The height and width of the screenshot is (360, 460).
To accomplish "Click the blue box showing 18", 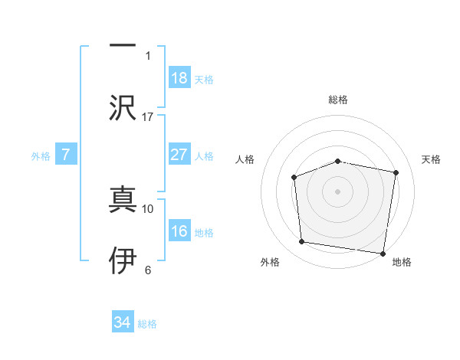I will click(179, 78).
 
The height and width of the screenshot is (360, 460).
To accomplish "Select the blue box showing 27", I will click(179, 155).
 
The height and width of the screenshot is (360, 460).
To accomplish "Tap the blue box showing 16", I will click(179, 231).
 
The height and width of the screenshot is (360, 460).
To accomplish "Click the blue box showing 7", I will click(66, 155).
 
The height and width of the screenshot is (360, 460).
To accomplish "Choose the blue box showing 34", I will click(123, 322).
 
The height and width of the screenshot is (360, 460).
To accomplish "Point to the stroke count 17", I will click(148, 116).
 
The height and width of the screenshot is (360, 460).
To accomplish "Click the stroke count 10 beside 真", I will click(148, 208).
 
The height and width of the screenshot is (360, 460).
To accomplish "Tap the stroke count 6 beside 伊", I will click(148, 270).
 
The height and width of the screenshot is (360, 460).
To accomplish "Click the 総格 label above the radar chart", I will click(337, 100).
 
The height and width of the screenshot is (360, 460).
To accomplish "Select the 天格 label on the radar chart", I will click(432, 159).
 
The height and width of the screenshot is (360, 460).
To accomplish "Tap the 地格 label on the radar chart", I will click(402, 262).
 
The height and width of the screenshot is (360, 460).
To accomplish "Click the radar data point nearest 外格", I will click(302, 242).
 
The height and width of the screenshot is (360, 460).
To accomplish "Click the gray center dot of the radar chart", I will click(337, 191).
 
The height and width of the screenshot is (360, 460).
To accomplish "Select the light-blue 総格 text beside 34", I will click(147, 324).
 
